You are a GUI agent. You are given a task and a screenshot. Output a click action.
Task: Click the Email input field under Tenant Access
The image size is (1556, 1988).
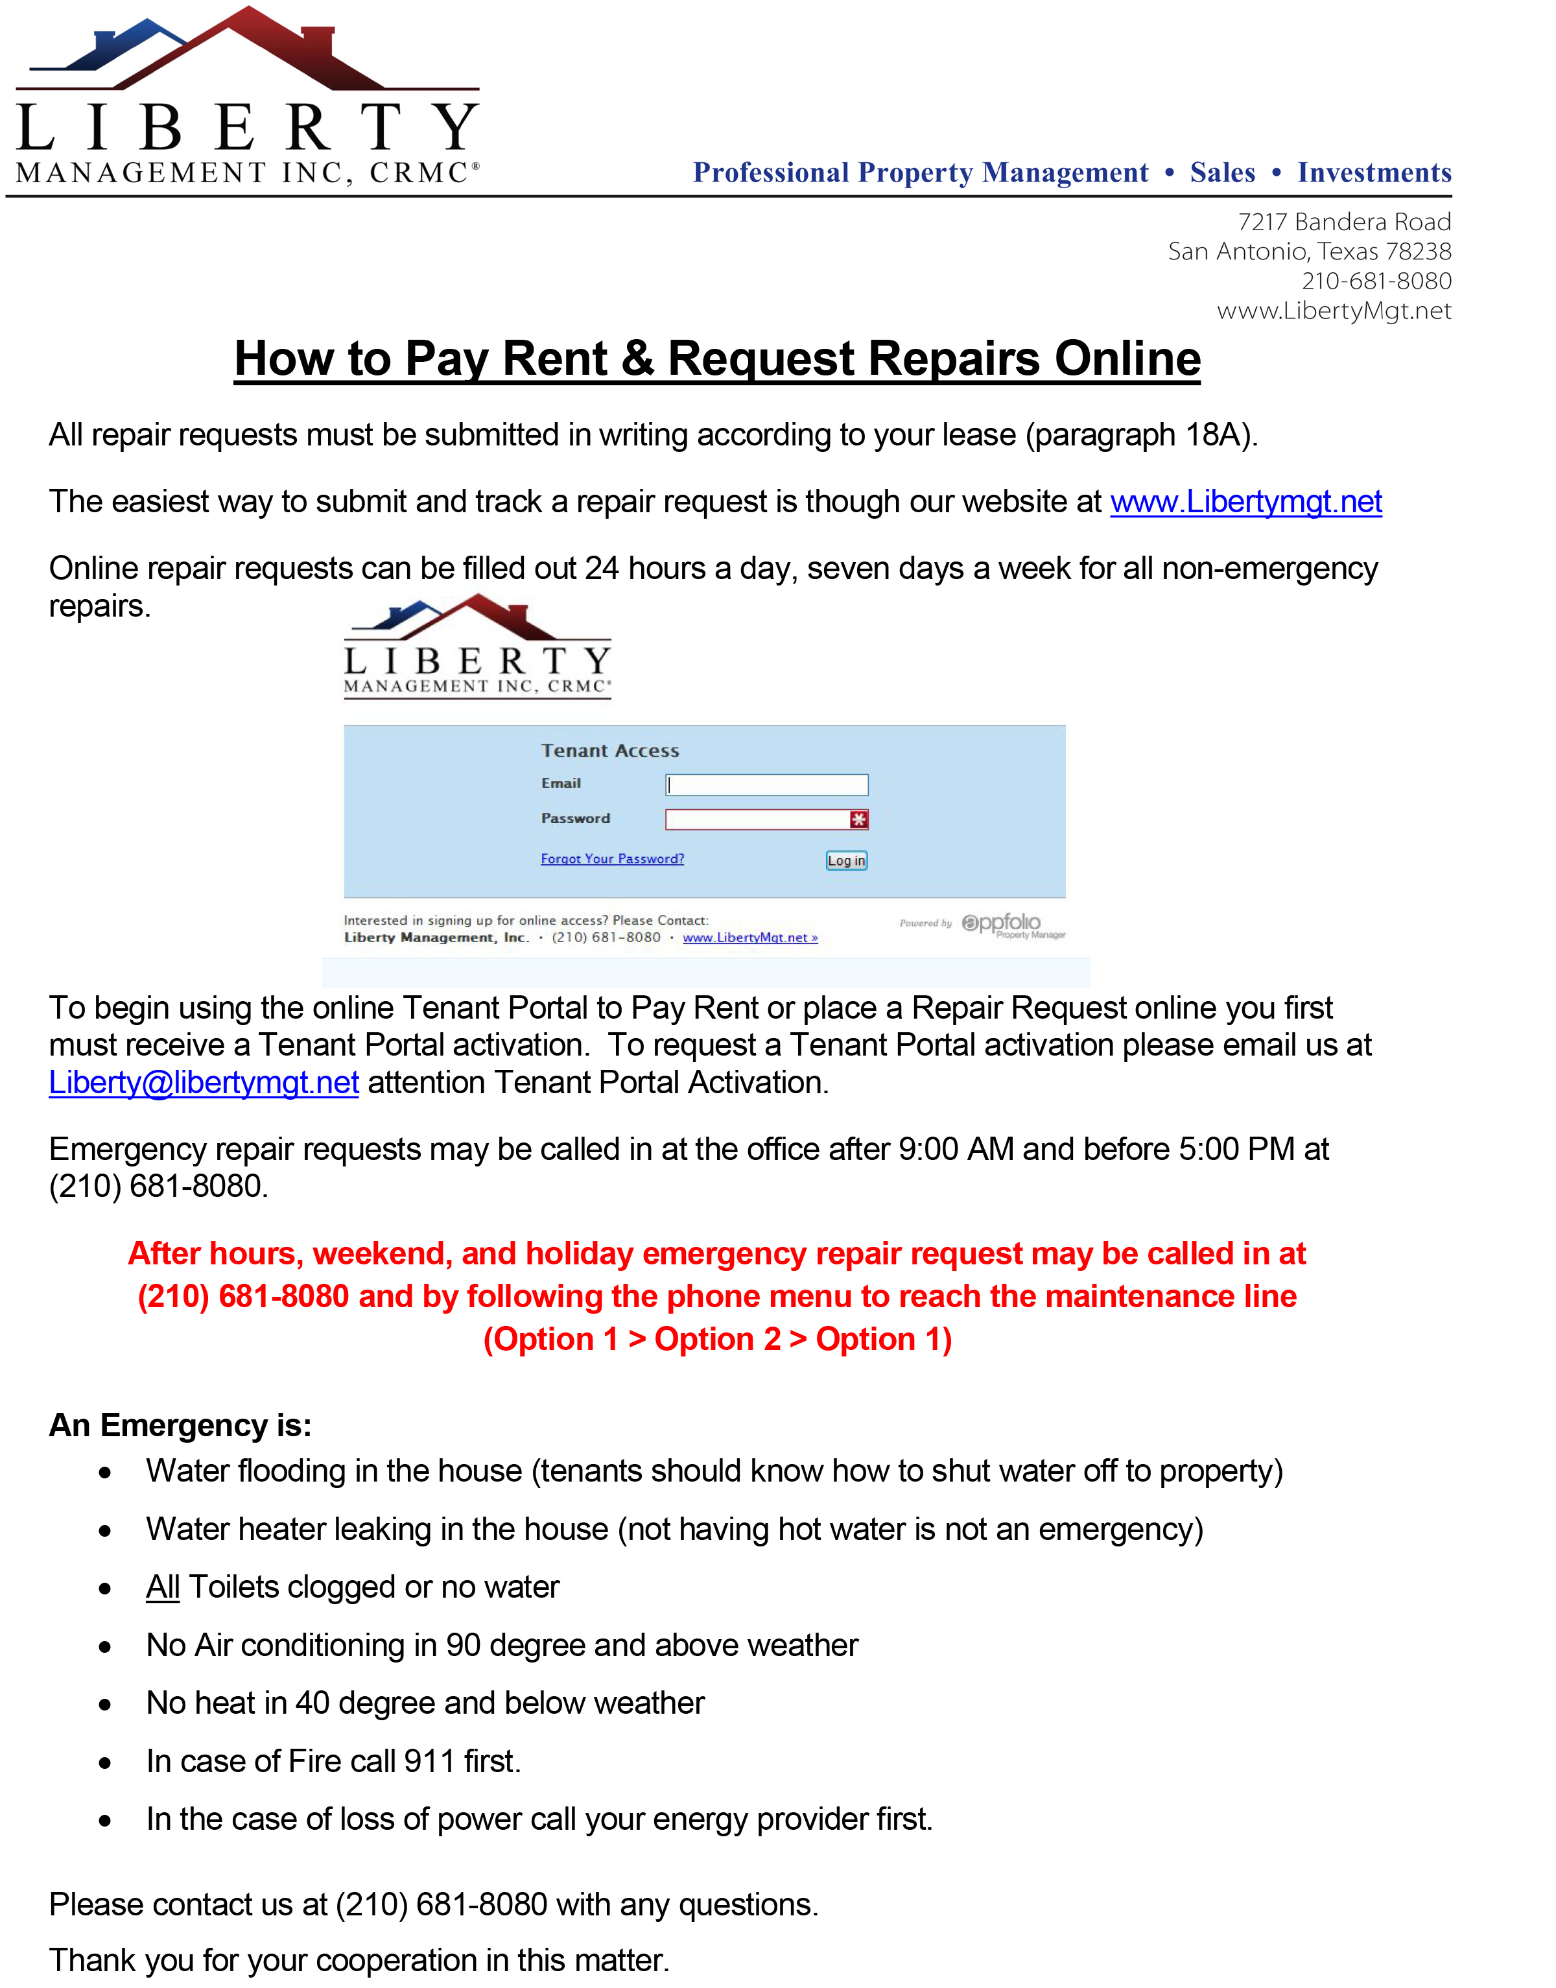(766, 785)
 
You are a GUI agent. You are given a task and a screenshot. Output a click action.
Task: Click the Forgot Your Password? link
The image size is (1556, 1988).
(612, 858)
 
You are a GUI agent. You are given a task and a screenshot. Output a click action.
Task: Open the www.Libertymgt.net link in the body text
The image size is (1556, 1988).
(1245, 502)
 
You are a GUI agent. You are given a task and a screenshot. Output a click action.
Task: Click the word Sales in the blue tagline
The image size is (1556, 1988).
(1221, 172)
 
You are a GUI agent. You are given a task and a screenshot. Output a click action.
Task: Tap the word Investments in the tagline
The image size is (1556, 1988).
(1374, 172)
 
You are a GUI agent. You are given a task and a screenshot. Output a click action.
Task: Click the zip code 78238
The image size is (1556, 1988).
(1419, 252)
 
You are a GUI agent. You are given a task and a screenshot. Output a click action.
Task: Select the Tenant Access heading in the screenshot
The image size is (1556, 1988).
(609, 751)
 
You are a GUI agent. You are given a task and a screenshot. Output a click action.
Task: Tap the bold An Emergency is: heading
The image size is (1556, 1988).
(180, 1425)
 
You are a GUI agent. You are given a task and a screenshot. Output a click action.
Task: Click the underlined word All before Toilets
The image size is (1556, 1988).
(163, 1587)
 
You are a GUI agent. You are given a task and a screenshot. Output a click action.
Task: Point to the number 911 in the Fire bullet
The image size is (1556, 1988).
(429, 1761)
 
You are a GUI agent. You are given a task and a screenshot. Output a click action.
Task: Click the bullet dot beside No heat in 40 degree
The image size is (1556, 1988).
(106, 1704)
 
